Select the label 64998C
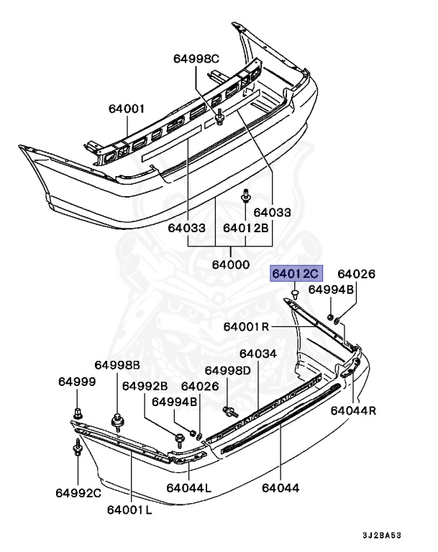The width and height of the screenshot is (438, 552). [195, 58]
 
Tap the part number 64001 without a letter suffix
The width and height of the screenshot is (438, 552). [127, 109]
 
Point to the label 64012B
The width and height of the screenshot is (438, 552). [245, 228]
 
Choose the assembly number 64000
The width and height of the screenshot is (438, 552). [230, 264]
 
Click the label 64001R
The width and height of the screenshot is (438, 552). [246, 326]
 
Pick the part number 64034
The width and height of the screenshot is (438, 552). [257, 354]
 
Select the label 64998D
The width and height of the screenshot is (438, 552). [227, 370]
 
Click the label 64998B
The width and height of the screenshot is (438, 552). [117, 364]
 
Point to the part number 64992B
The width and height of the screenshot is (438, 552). [145, 386]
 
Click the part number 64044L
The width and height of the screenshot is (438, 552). [189, 488]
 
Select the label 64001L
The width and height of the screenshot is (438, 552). [129, 510]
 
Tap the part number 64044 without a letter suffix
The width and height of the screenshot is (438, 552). [280, 488]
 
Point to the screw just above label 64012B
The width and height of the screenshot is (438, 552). [246, 195]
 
